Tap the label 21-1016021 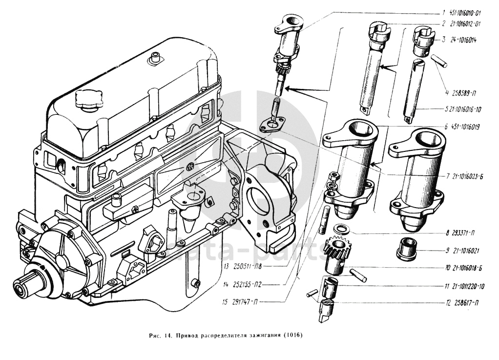click(462, 251)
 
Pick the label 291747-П click(242, 303)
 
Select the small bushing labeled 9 click(406, 248)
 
